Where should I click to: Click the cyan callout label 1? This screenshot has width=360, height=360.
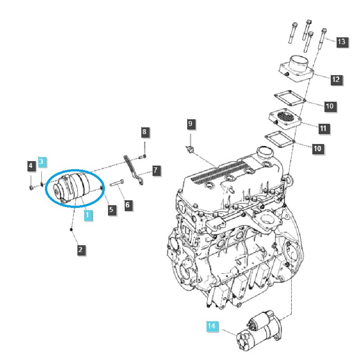tap(88, 216)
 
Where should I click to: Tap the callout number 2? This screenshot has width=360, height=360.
tap(81, 250)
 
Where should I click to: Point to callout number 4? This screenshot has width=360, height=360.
tap(31, 166)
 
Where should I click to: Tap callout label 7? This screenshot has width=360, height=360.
tap(155, 171)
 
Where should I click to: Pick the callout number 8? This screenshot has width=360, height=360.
tap(144, 132)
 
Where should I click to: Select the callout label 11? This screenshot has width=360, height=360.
tap(323, 128)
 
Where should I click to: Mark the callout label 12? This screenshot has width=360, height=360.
tap(336, 80)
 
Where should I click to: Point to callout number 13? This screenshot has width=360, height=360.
tap(342, 42)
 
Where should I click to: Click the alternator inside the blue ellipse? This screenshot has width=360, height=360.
tap(72, 189)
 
